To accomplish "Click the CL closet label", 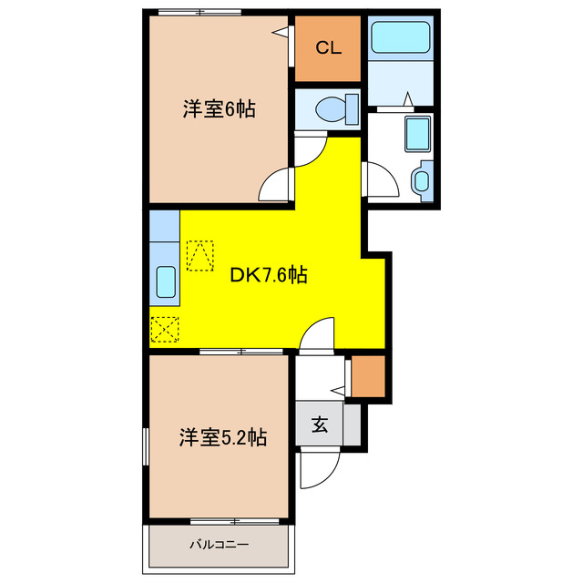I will click(x=329, y=48).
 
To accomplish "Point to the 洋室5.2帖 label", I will click(x=222, y=437).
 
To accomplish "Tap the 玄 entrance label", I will click(x=321, y=424).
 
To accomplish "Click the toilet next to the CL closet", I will click(x=329, y=109).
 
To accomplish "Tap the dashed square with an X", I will click(x=165, y=328).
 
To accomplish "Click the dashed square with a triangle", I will click(x=199, y=255).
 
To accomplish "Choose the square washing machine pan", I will click(x=417, y=135).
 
